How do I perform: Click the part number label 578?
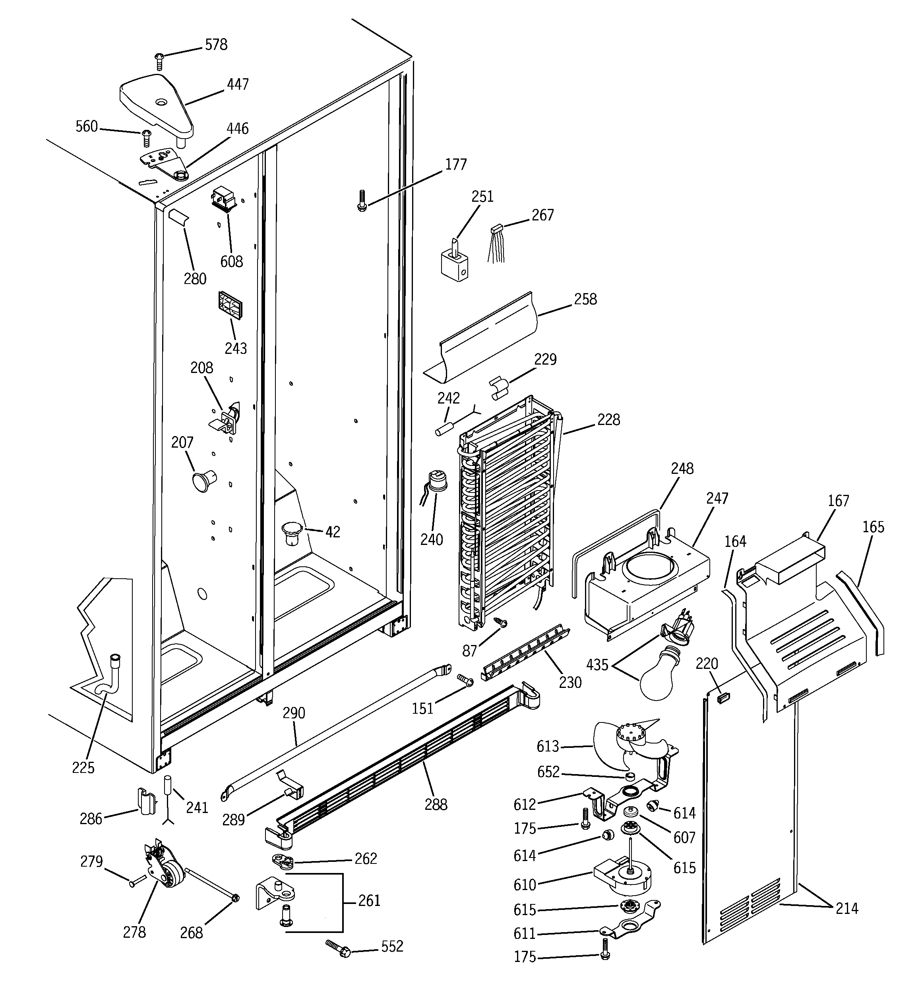click(216, 45)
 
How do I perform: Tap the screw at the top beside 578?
click(159, 61)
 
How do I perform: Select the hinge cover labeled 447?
click(155, 105)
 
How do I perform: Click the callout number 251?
click(482, 197)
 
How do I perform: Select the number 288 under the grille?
click(436, 805)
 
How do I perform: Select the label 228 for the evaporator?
click(608, 420)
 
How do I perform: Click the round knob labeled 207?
click(203, 480)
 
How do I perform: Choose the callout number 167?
click(839, 501)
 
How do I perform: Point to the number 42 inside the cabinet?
click(333, 532)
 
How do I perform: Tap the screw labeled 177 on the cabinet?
click(362, 201)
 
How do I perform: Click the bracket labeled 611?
click(631, 924)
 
